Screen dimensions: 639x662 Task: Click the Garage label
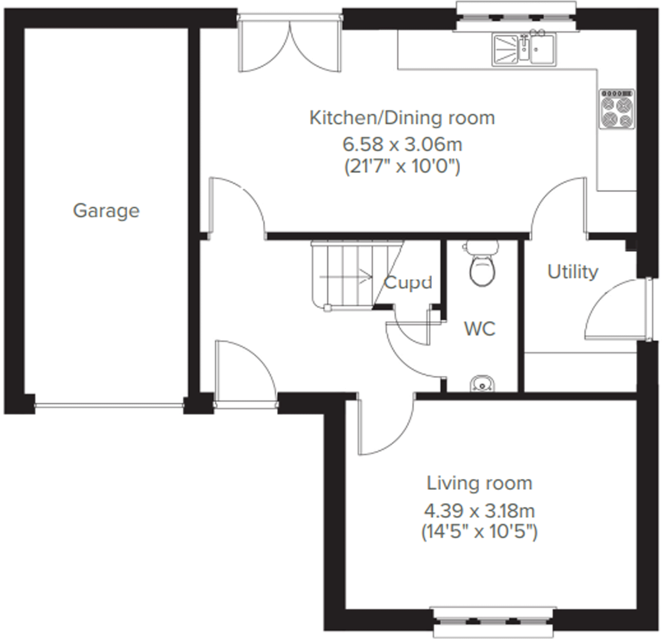click(x=106, y=210)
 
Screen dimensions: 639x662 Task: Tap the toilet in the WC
click(x=482, y=266)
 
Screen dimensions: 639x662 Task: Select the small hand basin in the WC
click(x=482, y=384)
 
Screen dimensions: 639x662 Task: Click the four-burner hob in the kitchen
click(x=617, y=109)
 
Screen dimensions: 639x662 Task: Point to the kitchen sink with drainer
click(x=524, y=50)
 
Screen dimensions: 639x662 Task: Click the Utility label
click(x=573, y=272)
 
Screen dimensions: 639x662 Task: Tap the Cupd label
click(x=408, y=282)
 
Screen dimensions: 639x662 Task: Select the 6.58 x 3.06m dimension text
click(x=402, y=144)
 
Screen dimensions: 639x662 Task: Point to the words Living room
click(x=479, y=483)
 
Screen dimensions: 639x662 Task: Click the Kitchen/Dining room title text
click(x=402, y=118)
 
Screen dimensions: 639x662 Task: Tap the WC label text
click(x=480, y=329)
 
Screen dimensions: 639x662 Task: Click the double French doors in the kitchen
click(x=290, y=44)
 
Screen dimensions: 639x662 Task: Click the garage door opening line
click(x=109, y=405)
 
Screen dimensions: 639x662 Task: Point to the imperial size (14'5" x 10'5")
click(x=479, y=532)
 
